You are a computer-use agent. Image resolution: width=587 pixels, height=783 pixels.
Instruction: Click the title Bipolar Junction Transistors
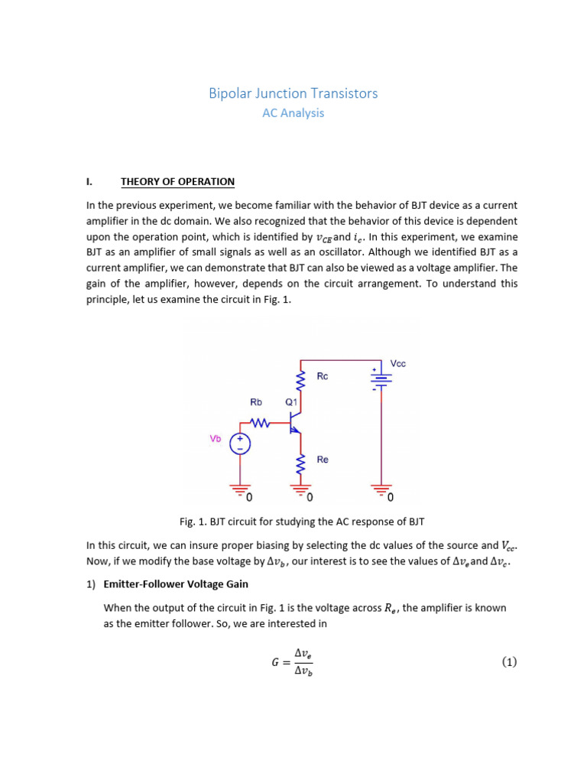tap(293, 93)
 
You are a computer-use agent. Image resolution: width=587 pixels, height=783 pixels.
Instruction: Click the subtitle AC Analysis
tap(293, 113)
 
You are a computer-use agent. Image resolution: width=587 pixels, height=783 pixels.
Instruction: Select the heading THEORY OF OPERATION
tap(177, 182)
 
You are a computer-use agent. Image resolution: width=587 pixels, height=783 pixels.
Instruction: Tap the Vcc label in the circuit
tap(397, 363)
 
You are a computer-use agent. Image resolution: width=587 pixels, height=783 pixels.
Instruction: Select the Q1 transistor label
tap(291, 401)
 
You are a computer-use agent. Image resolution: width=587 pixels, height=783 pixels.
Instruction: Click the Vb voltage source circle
tap(240, 443)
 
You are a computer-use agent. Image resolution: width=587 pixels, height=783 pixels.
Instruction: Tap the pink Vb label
tap(216, 439)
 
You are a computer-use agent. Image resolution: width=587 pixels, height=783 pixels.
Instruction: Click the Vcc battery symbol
tap(381, 379)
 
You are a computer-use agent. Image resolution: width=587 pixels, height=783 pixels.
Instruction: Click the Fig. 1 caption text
tap(301, 521)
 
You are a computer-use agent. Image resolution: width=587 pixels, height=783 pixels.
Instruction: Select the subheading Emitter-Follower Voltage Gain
tap(175, 584)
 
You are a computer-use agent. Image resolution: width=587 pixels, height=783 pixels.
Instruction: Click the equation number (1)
tap(509, 662)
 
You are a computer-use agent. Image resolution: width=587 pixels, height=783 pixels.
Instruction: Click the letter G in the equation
tap(275, 663)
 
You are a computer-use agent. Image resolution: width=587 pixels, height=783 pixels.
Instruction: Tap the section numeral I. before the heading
tap(89, 182)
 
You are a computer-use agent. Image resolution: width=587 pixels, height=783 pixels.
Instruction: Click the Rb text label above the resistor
tap(257, 401)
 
